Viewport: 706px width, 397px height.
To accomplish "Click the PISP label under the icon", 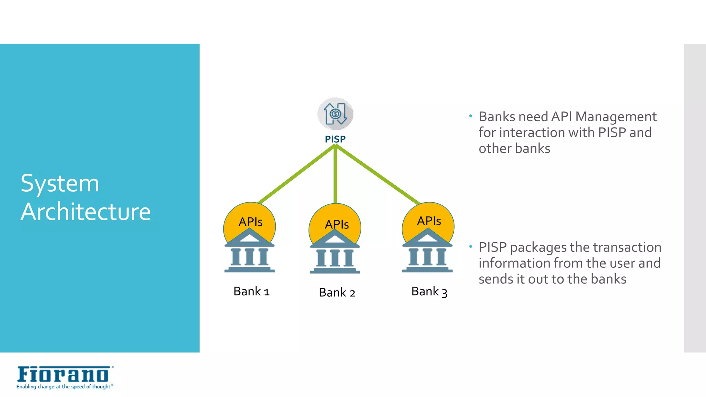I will [335, 139].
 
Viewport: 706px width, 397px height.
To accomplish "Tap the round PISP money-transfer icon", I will [335, 114].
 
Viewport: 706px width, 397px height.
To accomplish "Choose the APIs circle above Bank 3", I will [428, 219].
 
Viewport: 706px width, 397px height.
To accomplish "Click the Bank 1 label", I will [251, 292].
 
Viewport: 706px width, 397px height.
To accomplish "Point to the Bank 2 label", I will [337, 293].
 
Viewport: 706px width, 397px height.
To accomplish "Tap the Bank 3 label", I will [429, 292].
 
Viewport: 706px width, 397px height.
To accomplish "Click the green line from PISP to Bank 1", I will [296, 174].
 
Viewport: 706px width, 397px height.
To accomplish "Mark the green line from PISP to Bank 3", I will [377, 174].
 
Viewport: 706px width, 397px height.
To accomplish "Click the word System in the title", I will [60, 183].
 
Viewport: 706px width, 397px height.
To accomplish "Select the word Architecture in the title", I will [86, 211].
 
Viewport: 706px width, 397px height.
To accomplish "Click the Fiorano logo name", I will [63, 375].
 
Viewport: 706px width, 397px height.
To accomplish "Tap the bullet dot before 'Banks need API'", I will [471, 116].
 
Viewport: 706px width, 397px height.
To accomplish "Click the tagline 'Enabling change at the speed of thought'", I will [64, 387].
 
